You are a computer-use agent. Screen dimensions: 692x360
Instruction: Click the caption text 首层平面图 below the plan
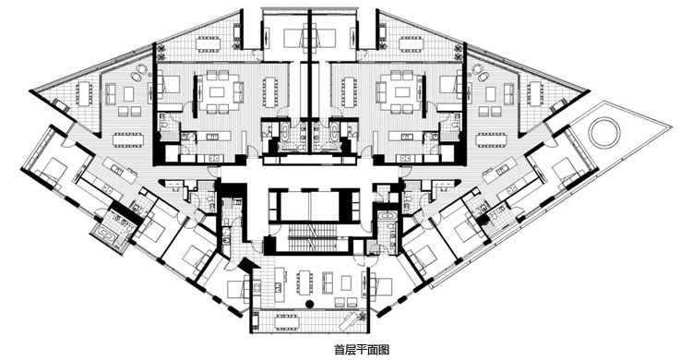click(x=362, y=350)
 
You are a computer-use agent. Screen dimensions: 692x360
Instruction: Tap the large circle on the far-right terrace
click(x=604, y=133)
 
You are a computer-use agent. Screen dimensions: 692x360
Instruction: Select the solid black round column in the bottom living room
click(x=310, y=304)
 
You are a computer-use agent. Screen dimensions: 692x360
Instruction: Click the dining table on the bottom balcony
click(x=286, y=321)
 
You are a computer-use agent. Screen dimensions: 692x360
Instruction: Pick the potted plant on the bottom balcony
click(x=362, y=317)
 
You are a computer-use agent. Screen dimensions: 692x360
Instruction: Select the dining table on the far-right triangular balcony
click(x=536, y=93)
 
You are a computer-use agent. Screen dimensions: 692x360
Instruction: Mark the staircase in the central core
click(x=316, y=237)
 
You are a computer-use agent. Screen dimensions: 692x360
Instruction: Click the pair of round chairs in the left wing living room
click(x=140, y=73)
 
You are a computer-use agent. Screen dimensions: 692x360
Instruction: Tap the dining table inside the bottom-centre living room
click(x=303, y=282)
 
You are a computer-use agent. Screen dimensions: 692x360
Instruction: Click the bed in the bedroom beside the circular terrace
click(x=563, y=169)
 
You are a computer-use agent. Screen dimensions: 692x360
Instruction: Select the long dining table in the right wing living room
click(x=491, y=139)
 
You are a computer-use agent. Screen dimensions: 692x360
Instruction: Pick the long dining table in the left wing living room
click(x=128, y=139)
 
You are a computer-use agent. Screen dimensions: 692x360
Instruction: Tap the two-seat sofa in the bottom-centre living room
click(x=328, y=282)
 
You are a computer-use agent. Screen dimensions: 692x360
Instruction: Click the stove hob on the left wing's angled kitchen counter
click(x=107, y=189)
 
